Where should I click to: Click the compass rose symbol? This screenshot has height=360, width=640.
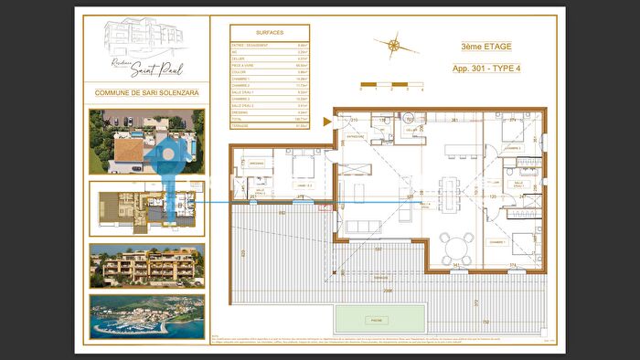393,44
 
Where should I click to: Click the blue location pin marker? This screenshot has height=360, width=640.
169,164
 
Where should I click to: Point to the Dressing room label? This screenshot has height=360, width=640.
256,164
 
